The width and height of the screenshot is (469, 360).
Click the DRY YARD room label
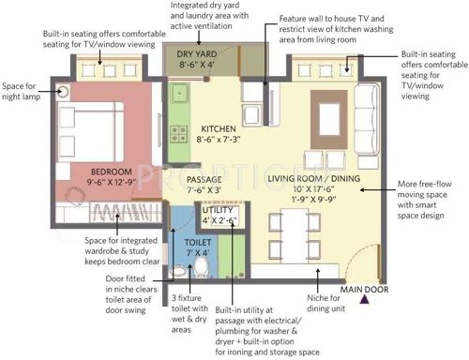click(x=197, y=55)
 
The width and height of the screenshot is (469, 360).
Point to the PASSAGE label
click(x=204, y=179)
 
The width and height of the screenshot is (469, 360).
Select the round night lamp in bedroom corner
click(x=64, y=92)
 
